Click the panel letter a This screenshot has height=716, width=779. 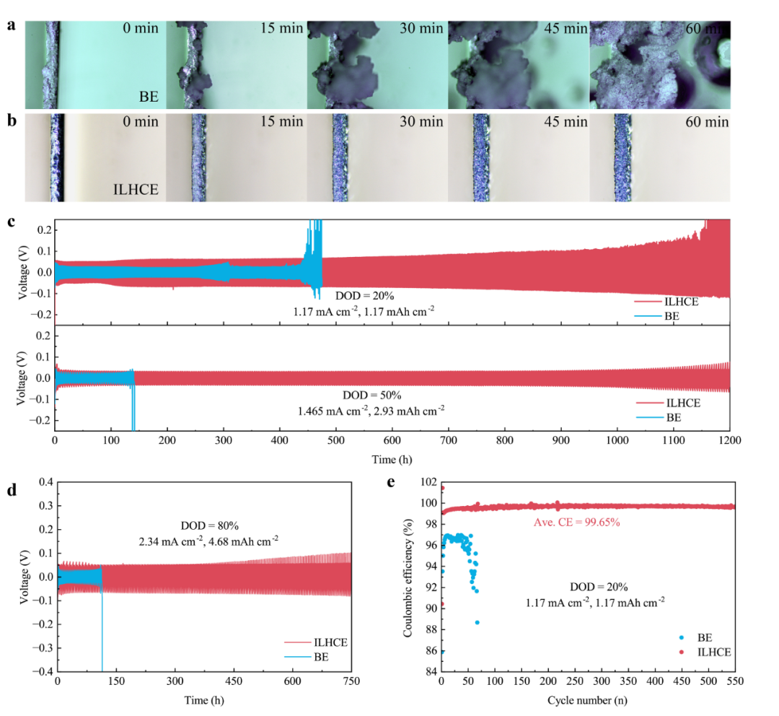tap(12, 25)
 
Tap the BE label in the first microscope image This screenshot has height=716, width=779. tap(149, 97)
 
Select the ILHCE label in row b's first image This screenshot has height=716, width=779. tap(136, 189)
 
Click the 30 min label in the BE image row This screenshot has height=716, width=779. tap(421, 28)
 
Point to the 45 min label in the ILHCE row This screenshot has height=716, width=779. tap(565, 122)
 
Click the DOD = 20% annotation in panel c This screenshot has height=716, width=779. tap(365, 296)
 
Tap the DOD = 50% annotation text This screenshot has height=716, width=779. tap(372, 396)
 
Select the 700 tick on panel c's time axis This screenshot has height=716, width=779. tap(449, 440)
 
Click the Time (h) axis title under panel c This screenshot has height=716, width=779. tap(392, 460)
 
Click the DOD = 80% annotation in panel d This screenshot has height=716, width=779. tap(210, 525)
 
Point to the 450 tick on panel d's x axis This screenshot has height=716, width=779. tap(234, 681)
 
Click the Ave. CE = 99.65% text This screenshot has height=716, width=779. tap(577, 522)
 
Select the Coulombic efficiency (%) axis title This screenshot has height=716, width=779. tap(408, 577)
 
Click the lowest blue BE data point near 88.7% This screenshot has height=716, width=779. tap(477, 622)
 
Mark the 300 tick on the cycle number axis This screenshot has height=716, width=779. tap(602, 681)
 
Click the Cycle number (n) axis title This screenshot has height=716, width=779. tap(587, 701)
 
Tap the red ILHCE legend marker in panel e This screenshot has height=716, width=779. tap(682, 652)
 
